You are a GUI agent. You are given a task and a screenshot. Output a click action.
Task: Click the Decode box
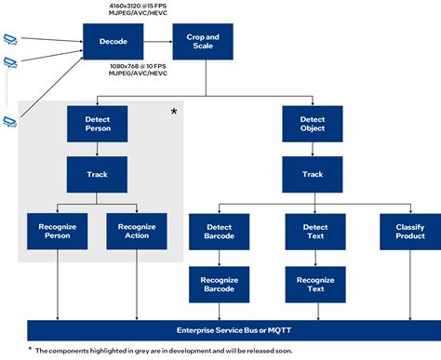[x=113, y=42]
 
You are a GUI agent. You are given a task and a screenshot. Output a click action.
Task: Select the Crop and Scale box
[x=202, y=42]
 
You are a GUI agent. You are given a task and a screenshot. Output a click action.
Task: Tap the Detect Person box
[x=97, y=123]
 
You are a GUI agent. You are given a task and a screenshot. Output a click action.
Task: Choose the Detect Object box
[x=313, y=123]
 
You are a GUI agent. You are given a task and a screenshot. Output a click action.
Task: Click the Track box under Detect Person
[x=97, y=173]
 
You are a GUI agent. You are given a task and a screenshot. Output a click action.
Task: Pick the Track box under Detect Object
[x=313, y=173]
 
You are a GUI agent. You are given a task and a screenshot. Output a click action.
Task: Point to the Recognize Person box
[x=58, y=231]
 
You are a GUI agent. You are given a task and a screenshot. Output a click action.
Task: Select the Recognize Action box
[x=137, y=231]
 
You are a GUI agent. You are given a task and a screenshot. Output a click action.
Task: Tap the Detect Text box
[x=315, y=231]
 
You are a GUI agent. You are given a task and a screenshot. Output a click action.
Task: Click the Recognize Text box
[x=315, y=284]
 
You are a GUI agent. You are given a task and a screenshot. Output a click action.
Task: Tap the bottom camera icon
[x=10, y=121]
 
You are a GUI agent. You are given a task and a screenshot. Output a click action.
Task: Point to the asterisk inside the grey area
[x=173, y=112]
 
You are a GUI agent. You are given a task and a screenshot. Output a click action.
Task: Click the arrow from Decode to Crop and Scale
[x=157, y=42]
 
